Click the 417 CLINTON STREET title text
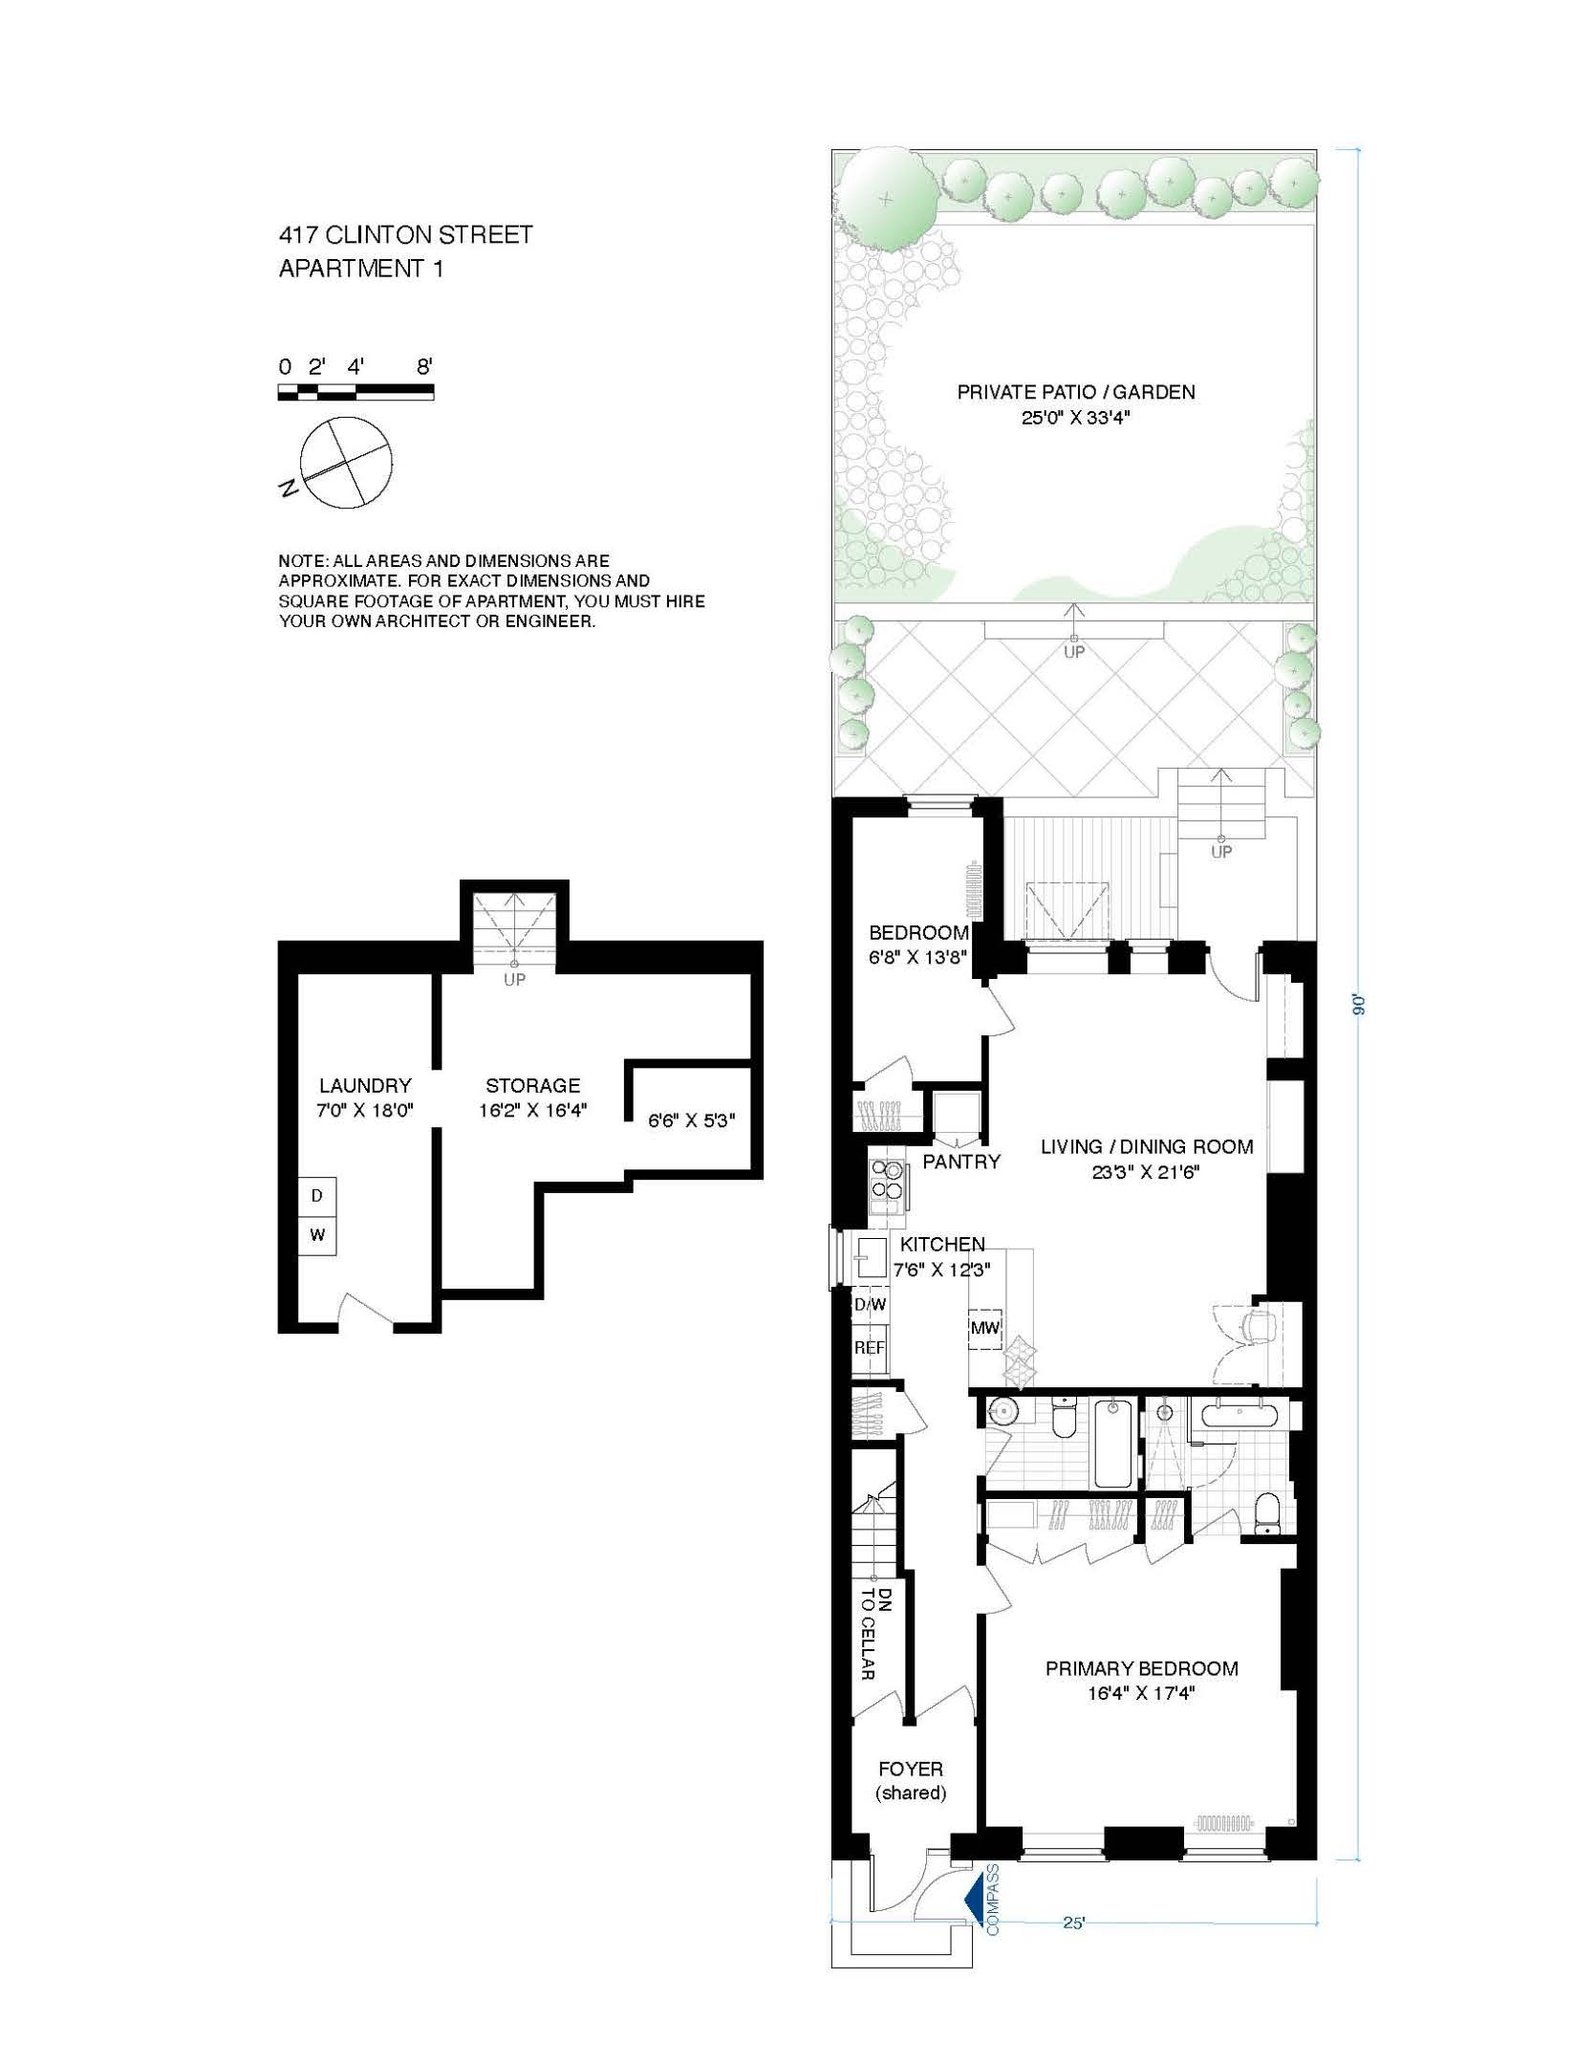coord(405,235)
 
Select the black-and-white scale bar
coord(356,392)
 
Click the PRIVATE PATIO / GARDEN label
coord(1076,391)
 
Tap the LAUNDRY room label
coord(365,1086)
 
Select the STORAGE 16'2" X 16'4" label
coord(532,1098)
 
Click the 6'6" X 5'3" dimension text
coord(692,1119)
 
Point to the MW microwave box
coord(985,1328)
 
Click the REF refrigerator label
coord(869,1348)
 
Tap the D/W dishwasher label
coord(870,1305)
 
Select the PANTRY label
coord(961,1162)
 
